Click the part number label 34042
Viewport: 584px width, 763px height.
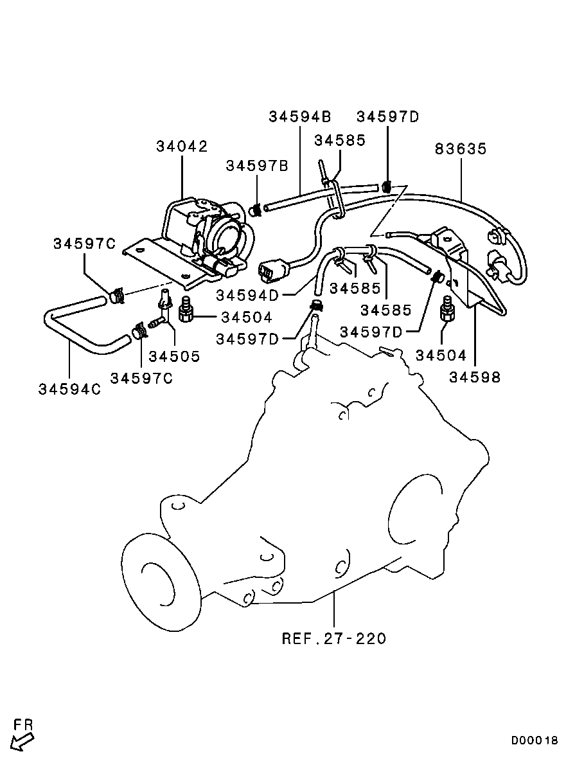point(182,147)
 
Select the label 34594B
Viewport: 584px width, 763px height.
point(299,116)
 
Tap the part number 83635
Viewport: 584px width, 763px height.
point(461,149)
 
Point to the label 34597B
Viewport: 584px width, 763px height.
point(256,166)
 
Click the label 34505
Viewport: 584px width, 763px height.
point(174,355)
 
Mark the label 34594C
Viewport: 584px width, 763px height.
point(69,389)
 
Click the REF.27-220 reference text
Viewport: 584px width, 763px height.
point(334,638)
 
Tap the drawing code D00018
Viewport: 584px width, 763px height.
point(535,740)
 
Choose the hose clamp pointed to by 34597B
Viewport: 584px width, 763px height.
point(254,210)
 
